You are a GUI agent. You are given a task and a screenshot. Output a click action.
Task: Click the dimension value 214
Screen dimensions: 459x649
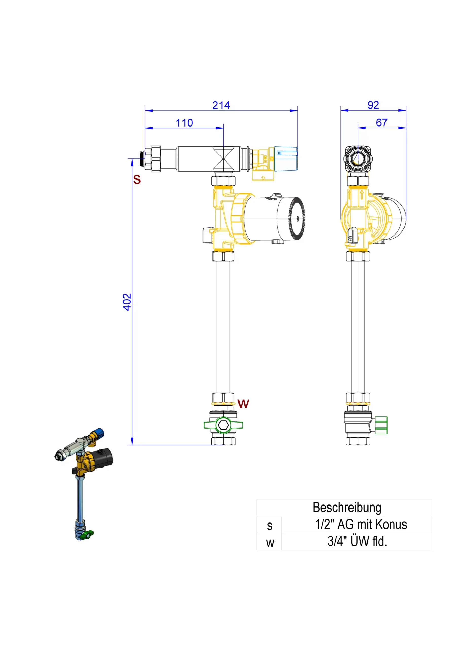pos(221,105)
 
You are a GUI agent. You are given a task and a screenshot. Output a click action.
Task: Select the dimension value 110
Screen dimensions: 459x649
pos(184,123)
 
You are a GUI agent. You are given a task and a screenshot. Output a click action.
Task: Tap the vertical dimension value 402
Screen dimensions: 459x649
pos(127,302)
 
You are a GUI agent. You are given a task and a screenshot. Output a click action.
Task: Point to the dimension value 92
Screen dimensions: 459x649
pos(373,105)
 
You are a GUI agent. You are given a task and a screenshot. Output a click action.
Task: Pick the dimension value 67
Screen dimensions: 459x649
pos(381,123)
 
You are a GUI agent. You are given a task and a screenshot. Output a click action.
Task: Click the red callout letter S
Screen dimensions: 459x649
pos(137,179)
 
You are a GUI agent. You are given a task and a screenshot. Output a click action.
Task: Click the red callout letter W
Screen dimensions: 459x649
pos(243,404)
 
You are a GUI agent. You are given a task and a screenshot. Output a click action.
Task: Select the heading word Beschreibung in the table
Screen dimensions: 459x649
pos(347,507)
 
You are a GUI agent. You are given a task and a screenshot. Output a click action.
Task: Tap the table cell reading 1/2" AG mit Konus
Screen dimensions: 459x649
pos(361,524)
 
